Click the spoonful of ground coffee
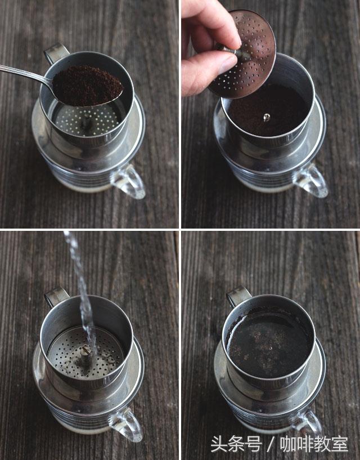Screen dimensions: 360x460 tap(87, 86)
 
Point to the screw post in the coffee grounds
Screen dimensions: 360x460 tap(266, 117)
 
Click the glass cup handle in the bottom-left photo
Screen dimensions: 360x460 tap(127, 424)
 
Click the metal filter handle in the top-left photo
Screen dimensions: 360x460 tap(56, 53)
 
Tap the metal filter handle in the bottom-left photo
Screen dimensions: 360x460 tap(56, 297)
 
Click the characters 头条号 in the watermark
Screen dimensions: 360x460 tap(236, 444)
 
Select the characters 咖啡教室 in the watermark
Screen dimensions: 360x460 tap(314, 444)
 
